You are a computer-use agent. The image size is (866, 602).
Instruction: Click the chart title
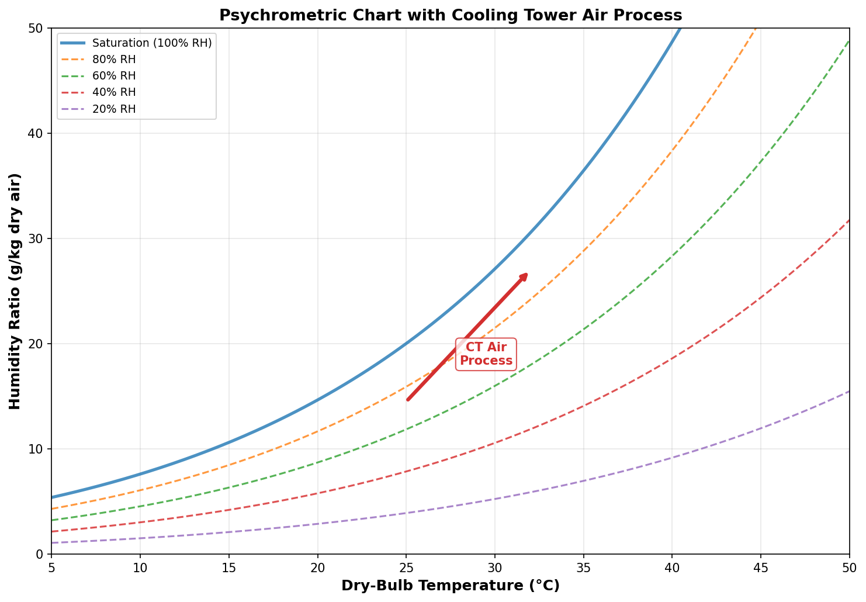451,15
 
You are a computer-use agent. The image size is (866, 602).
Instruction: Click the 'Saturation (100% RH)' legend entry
151,43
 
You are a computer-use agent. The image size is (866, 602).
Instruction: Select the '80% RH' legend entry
114,60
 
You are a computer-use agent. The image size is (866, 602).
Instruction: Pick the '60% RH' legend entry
114,76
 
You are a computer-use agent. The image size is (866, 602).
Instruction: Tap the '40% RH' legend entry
114,92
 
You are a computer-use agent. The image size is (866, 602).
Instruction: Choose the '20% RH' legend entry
114,109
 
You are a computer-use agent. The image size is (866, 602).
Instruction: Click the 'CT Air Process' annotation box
486,354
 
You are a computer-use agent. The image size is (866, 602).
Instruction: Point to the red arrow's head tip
528,273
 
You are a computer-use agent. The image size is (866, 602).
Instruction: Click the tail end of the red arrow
408,400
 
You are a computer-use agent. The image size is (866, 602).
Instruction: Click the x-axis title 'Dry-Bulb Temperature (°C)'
451,586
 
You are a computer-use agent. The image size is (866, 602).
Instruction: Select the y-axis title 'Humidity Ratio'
15,290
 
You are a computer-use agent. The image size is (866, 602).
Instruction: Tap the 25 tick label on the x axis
406,568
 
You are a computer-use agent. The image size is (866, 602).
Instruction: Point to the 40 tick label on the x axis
672,568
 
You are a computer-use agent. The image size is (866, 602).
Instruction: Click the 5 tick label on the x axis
51,568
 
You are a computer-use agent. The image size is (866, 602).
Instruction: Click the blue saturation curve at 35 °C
583,169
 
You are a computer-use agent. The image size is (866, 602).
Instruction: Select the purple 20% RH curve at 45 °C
761,428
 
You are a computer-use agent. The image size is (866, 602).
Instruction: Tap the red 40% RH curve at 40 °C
672,358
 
